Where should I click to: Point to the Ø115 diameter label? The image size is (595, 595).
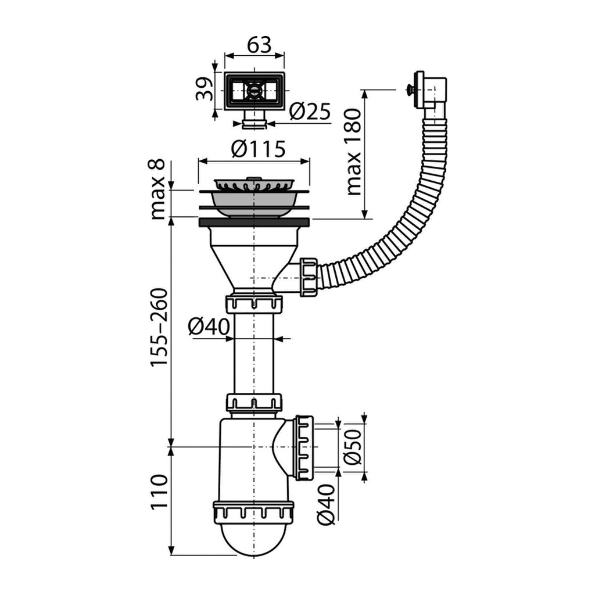(x=257, y=149)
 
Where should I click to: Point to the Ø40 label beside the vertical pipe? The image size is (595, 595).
(x=210, y=327)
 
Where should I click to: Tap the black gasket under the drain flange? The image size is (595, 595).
(x=253, y=221)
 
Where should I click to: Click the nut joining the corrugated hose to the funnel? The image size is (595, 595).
(x=309, y=277)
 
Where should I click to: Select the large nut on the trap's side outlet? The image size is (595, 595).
(x=304, y=447)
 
